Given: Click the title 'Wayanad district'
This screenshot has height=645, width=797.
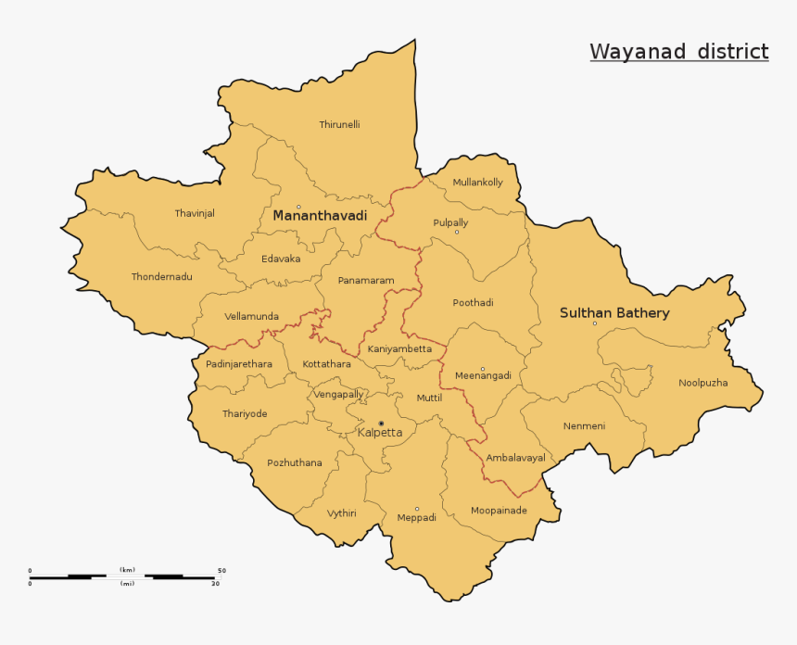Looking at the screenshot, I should click(x=679, y=52).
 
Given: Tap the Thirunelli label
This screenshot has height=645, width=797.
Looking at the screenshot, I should click(x=339, y=124).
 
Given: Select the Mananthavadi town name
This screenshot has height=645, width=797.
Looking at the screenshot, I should click(x=320, y=216).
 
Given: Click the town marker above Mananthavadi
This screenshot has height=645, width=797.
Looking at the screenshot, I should click(x=298, y=207).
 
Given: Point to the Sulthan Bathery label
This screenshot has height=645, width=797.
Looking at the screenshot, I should click(x=614, y=313).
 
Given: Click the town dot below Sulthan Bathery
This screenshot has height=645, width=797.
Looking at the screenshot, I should click(x=595, y=323).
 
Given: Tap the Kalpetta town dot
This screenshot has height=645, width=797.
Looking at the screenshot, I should click(x=381, y=424).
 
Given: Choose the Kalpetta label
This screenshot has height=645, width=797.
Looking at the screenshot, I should click(x=380, y=433).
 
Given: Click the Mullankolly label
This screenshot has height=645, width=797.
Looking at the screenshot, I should click(x=477, y=183).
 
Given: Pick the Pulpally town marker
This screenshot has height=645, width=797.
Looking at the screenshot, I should click(x=457, y=232).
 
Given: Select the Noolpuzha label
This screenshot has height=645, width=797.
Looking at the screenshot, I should click(x=703, y=383).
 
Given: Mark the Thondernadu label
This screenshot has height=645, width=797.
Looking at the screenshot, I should click(x=162, y=277).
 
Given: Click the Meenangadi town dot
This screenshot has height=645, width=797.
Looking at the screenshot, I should click(x=483, y=369).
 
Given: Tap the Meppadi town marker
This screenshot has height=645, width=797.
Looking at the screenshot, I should click(x=417, y=509).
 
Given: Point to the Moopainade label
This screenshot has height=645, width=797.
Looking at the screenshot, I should click(x=499, y=511).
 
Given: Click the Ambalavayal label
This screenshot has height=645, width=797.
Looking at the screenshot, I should click(x=516, y=458).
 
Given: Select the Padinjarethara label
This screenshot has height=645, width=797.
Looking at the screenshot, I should click(x=239, y=364).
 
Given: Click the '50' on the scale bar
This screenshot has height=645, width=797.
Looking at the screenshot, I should click(x=221, y=571).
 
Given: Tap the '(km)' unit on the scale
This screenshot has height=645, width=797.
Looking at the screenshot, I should click(x=127, y=570).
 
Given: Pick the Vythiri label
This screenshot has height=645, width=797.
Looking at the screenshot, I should click(x=341, y=513).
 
